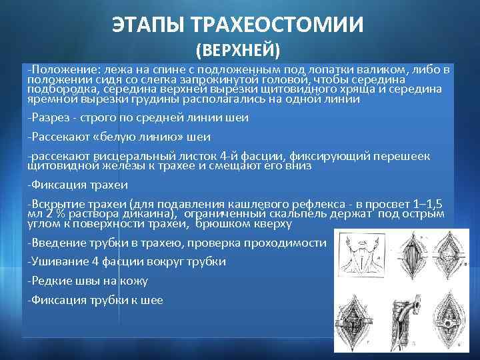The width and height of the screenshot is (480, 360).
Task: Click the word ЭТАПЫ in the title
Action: (x=149, y=26)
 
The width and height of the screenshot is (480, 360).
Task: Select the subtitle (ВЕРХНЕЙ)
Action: (x=238, y=51)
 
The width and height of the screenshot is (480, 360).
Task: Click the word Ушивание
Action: (x=58, y=262)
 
